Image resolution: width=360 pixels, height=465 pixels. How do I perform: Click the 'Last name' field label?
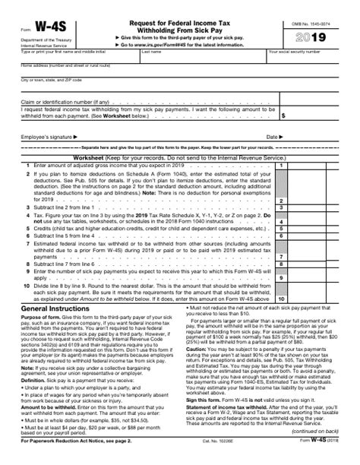(151, 53)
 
